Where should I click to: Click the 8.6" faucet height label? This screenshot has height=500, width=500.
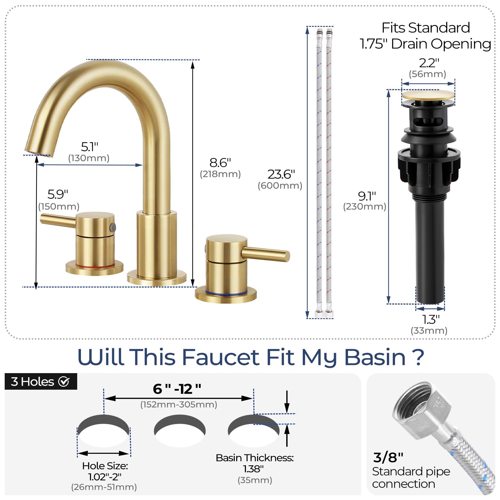tap(220, 162)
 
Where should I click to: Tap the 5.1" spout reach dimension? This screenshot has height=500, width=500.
tap(90, 146)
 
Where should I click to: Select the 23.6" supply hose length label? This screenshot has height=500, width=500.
tap(281, 174)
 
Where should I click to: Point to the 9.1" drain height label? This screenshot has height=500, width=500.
tap(367, 196)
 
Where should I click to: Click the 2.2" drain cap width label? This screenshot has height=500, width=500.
tap(429, 63)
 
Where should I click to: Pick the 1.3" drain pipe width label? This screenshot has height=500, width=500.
tap(431, 319)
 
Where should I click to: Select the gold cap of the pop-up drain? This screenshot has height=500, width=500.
tap(428, 95)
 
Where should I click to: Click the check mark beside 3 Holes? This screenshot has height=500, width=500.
tap(64, 382)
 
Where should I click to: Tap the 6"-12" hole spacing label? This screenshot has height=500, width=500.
tap(177, 389)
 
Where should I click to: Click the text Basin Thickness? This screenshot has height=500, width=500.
tap(255, 458)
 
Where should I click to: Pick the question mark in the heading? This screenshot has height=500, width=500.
tap(418, 357)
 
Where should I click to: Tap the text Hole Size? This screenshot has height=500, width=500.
tap(105, 466)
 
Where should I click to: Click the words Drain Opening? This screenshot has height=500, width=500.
tap(441, 44)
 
